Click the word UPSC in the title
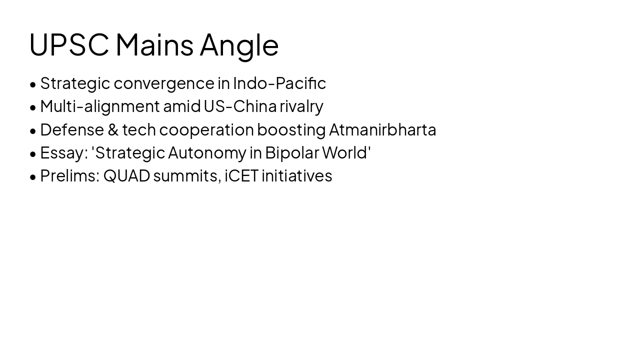coord(69,44)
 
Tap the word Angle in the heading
coord(239,44)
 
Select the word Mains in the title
coord(154,44)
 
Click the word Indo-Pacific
coord(279,83)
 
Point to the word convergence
coord(164,83)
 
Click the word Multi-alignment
coord(99,106)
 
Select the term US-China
coord(240,106)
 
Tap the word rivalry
coord(301,106)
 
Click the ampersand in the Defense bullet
coord(113,129)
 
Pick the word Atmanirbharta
coord(382,129)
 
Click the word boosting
coord(291,129)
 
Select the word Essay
coord(61,152)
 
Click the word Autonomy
coord(206,152)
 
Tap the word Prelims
coord(67,175)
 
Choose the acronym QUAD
coord(126,175)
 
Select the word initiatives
coord(297,175)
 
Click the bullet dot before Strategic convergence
coord(33,84)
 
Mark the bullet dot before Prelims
coord(33,177)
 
